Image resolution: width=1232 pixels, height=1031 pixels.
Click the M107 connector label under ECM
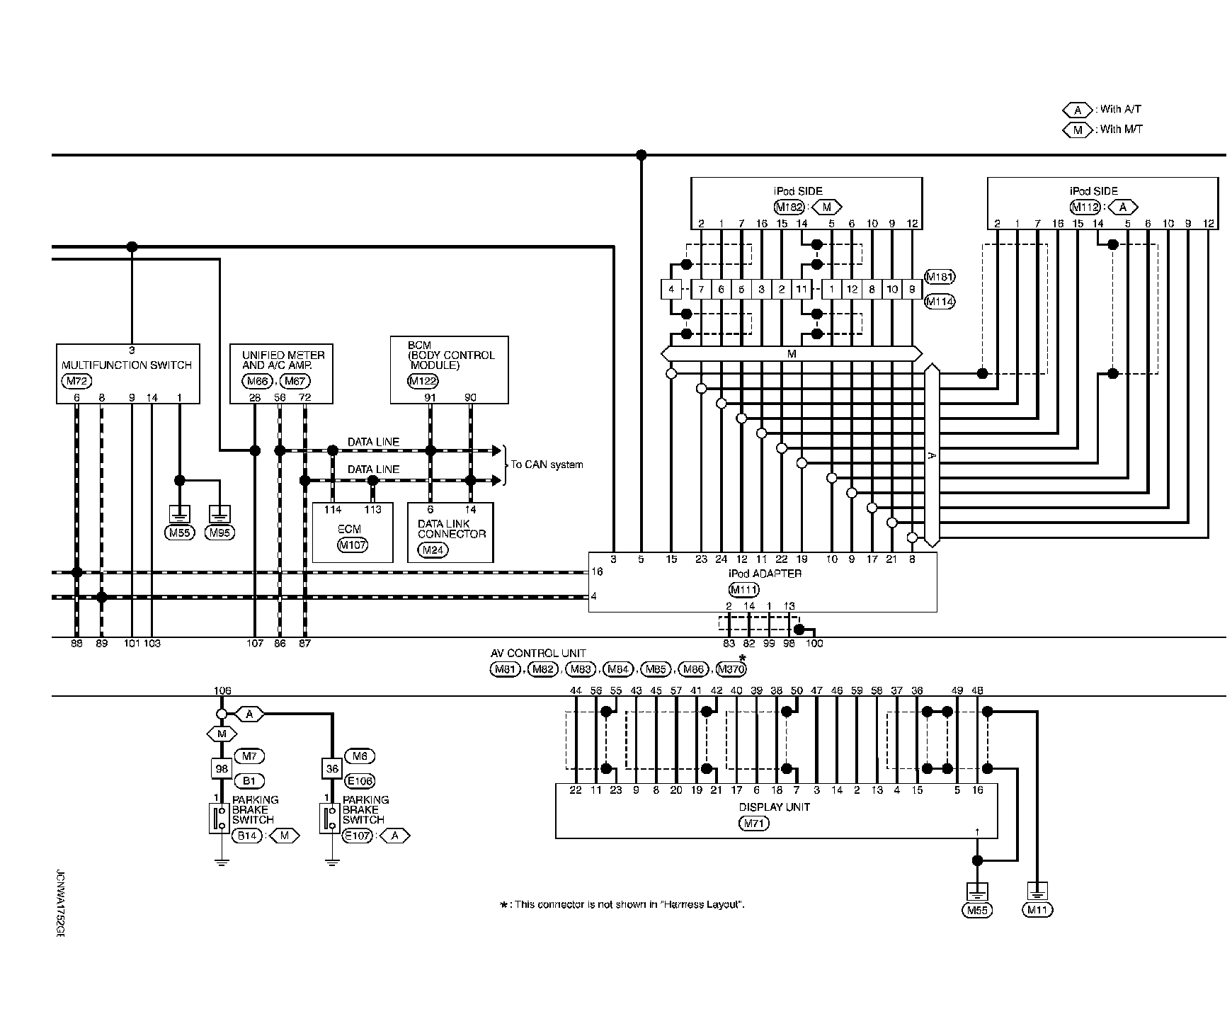pos(353,545)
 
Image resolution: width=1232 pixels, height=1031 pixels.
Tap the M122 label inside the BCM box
pos(423,381)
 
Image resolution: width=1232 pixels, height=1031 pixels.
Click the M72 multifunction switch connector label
pos(76,381)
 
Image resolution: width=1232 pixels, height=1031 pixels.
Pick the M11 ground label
pos(1037,910)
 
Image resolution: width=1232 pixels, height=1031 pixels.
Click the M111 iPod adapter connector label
pos(744,589)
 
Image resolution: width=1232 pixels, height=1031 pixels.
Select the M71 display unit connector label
pos(753,824)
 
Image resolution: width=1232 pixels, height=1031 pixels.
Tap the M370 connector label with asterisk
pos(731,669)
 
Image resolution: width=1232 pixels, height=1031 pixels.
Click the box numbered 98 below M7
pos(222,768)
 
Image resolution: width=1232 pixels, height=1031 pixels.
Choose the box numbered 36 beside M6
pos(331,768)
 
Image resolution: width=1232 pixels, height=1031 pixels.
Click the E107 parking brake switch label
pos(357,836)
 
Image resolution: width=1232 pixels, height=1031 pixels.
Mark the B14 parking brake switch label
pos(246,836)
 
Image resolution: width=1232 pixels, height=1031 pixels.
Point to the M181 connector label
pos(940,277)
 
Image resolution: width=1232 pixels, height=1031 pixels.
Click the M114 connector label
pos(940,302)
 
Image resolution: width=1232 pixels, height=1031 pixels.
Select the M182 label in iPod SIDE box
pos(789,207)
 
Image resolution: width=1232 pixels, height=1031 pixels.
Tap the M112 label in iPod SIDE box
pos(1085,207)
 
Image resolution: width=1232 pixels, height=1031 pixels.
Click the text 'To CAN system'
pos(547,465)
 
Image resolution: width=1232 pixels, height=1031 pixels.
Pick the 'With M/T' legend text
pos(1122,130)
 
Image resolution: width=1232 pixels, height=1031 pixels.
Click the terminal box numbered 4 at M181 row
pos(671,289)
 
